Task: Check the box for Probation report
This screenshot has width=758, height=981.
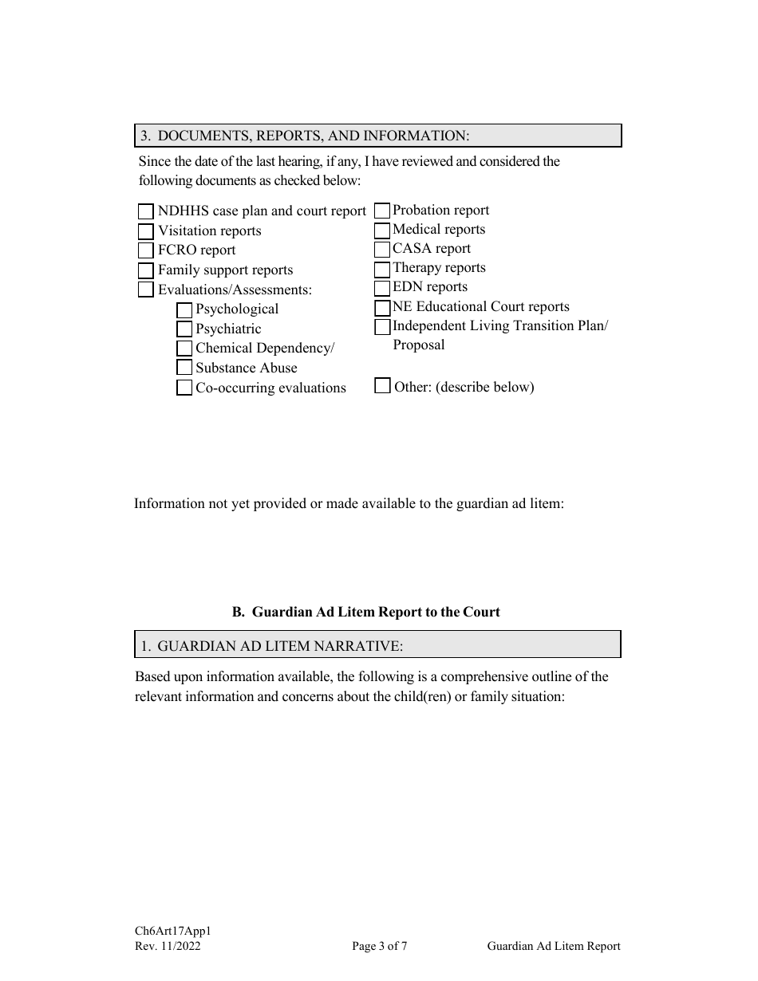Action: (382, 211)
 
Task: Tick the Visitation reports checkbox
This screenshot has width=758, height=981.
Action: (145, 231)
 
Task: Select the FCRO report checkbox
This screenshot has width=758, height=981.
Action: (145, 250)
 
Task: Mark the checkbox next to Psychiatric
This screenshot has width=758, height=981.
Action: (184, 329)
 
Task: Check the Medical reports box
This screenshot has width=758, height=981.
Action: (382, 230)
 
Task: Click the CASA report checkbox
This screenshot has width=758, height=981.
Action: (382, 250)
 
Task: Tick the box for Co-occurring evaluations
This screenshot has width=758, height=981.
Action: (184, 388)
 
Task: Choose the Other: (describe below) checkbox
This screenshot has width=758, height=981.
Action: (382, 386)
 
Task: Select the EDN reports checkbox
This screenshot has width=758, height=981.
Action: (382, 288)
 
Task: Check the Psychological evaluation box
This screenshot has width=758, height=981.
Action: (184, 309)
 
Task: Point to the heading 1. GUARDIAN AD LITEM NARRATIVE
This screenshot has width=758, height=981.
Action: (271, 645)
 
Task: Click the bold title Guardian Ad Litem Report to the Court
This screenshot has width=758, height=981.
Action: (366, 612)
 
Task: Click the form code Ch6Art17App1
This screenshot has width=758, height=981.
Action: (172, 931)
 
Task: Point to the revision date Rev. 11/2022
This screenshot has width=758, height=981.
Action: (168, 947)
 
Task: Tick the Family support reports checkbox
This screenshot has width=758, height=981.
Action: (145, 270)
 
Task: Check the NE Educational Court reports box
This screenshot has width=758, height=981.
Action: (382, 308)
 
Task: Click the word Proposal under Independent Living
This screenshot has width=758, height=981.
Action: (418, 345)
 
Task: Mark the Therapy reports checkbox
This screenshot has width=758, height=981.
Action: (382, 269)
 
